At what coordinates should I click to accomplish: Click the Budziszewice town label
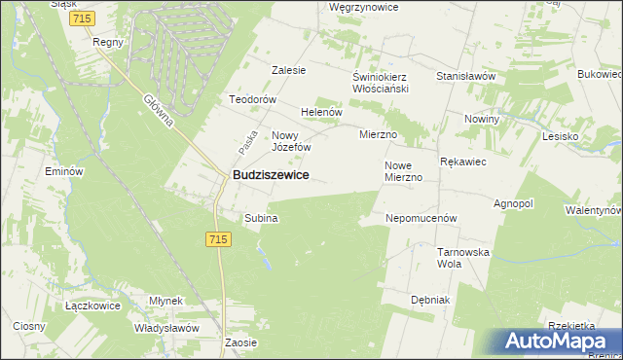(x=271, y=175)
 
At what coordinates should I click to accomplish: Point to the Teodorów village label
(x=253, y=100)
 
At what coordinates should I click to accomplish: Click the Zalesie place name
(x=289, y=70)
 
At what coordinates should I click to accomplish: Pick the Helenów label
(x=322, y=112)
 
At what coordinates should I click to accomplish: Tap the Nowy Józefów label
(x=291, y=141)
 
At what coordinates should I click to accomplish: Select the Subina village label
(x=261, y=218)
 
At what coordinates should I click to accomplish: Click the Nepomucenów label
(x=421, y=219)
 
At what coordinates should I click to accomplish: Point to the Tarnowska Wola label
(x=462, y=258)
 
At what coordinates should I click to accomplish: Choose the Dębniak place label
(x=430, y=300)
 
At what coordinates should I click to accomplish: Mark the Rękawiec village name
(x=463, y=162)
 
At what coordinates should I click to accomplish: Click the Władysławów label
(x=167, y=328)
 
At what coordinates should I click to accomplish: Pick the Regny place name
(x=106, y=43)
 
